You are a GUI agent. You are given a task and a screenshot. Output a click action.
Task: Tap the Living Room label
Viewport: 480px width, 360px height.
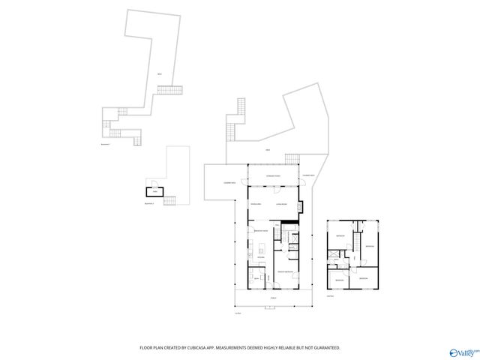click(x=283, y=203)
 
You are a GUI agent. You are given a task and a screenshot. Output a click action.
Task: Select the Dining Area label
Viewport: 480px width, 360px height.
click(x=256, y=203)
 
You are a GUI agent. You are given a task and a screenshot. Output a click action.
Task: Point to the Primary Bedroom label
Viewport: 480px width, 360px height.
click(x=284, y=271)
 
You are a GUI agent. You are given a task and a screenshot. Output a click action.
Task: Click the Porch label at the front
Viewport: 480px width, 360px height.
click(x=272, y=298)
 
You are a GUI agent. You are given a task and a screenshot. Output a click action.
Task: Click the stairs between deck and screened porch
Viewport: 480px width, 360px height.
click(x=291, y=158)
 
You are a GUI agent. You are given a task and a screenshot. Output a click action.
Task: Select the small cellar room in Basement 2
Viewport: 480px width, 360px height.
click(x=154, y=190)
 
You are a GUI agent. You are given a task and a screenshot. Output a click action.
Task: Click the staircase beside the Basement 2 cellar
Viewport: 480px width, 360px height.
click(x=169, y=200)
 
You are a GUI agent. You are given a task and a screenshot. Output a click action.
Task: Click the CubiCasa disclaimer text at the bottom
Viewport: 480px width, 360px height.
click(x=240, y=347)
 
